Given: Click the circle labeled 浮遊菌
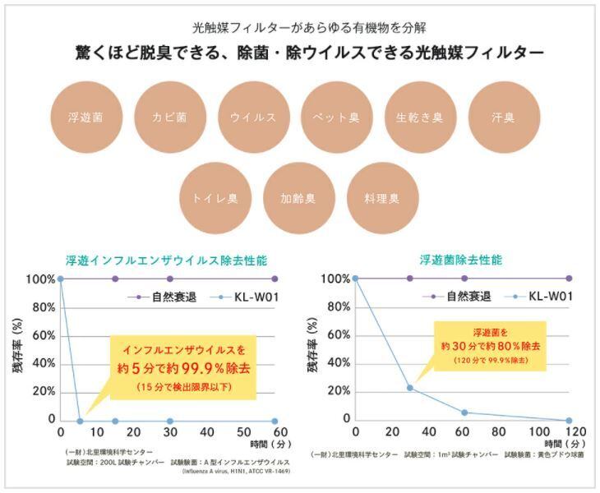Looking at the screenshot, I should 85,117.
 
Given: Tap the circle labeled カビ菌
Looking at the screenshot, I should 168,117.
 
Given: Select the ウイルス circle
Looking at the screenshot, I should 252,117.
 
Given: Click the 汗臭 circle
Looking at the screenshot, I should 502,117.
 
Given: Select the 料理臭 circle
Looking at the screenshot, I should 381,198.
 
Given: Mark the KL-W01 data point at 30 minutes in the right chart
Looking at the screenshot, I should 409,387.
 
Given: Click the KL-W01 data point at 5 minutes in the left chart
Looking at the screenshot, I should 80,420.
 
